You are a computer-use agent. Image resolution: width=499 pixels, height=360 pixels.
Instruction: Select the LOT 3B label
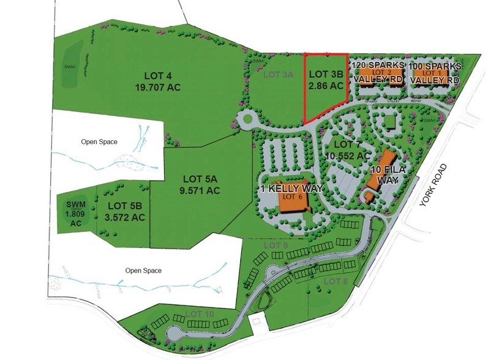click(326, 75)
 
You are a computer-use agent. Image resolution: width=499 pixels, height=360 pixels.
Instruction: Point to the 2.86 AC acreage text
click(326, 86)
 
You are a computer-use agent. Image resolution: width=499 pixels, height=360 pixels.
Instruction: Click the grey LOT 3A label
click(279, 75)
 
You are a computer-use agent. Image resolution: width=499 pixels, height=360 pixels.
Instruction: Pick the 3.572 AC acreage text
click(125, 217)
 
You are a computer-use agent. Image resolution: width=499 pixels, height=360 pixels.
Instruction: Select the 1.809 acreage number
click(76, 214)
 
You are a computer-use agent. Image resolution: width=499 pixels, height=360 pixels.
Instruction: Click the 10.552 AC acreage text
click(348, 156)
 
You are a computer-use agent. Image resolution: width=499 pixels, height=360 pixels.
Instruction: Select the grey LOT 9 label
click(276, 246)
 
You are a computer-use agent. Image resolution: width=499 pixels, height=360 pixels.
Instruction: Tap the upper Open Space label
click(99, 141)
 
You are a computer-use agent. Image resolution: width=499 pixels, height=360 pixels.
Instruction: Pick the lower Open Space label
click(143, 269)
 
